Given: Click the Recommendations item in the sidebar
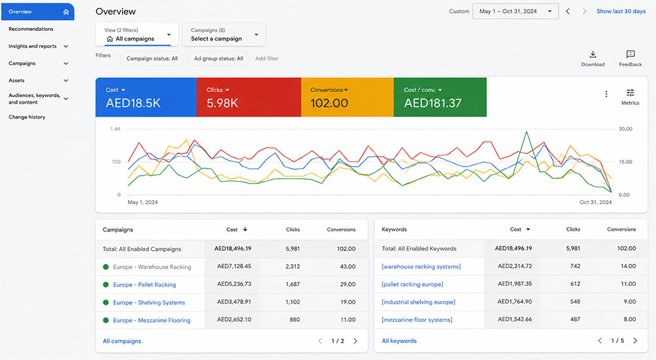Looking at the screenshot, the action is (31, 29).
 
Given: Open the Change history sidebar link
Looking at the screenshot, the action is (27, 117).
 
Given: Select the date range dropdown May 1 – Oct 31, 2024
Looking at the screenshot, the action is (516, 11).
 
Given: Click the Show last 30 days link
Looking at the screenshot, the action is (621, 11).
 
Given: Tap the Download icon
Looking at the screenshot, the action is (593, 54).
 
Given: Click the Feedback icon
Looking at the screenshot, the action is (630, 54).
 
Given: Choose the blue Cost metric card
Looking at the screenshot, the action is (146, 97).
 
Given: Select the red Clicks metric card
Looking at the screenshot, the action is (249, 97).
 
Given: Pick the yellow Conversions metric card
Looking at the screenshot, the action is (347, 97).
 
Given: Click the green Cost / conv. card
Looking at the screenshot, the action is (440, 97).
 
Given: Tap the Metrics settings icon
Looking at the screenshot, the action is (630, 93).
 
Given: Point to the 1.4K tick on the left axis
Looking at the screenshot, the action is (115, 129).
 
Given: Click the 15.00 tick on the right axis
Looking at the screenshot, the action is (625, 162).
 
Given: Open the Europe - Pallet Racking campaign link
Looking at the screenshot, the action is (144, 285).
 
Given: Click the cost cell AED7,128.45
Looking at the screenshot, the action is (234, 266).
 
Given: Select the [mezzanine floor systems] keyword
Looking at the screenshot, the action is (417, 320).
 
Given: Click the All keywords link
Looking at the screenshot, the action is (399, 341).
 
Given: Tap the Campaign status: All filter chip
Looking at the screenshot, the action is (152, 58).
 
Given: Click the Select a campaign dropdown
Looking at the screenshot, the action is (224, 34).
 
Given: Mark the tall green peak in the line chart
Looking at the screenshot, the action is (526, 132).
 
